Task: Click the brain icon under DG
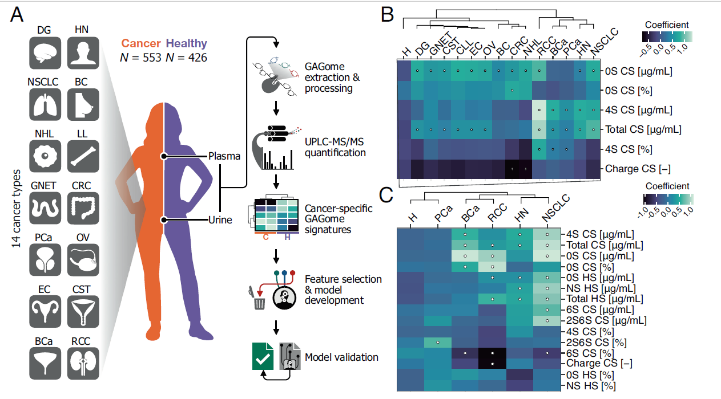pyautogui.click(x=45, y=53)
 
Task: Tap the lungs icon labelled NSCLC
pyautogui.click(x=45, y=105)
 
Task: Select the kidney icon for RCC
pyautogui.click(x=83, y=363)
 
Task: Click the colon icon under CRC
pyautogui.click(x=83, y=208)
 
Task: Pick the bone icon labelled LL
pyautogui.click(x=83, y=156)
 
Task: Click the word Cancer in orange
pyautogui.click(x=141, y=43)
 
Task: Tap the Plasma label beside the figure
pyautogui.click(x=224, y=156)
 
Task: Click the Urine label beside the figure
pyautogui.click(x=220, y=220)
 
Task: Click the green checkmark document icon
pyautogui.click(x=263, y=356)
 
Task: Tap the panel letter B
pyautogui.click(x=387, y=15)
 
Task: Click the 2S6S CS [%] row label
pyautogui.click(x=597, y=343)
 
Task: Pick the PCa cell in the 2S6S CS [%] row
pyautogui.click(x=438, y=343)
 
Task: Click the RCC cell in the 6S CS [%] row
pyautogui.click(x=493, y=353)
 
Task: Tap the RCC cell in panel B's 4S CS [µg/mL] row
pyautogui.click(x=539, y=110)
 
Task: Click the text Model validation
pyautogui.click(x=341, y=357)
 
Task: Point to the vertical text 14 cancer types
pyautogui.click(x=16, y=209)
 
